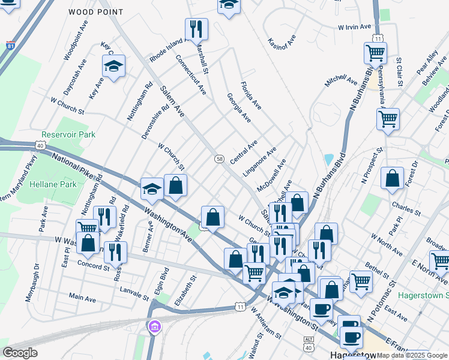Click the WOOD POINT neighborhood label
[96, 12]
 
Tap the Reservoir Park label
[68, 135]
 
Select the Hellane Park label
[55, 184]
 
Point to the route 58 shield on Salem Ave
[220, 158]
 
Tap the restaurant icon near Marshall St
[196, 29]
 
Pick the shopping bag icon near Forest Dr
[392, 178]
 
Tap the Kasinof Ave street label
[282, 41]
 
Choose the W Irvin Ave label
[359, 27]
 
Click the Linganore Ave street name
[259, 161]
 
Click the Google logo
[20, 353]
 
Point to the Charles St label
[405, 208]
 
